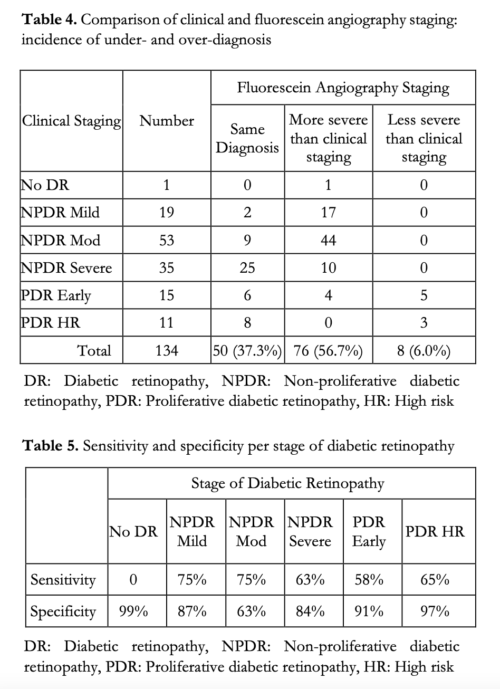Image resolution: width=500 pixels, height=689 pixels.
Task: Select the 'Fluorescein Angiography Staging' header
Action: pos(343,88)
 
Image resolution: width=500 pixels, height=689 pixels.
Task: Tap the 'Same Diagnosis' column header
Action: pos(247,138)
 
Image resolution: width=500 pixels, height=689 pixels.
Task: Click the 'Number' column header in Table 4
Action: pos(167,121)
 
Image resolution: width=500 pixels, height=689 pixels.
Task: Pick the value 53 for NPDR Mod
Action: pos(167,241)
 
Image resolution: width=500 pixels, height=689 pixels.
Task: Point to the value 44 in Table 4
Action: pos(328,241)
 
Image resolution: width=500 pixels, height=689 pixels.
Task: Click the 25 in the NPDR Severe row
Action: pos(247,268)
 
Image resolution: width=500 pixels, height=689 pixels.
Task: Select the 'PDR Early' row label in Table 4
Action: pos(56,295)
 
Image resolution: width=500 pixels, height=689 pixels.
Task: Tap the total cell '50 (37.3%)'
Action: pos(247,351)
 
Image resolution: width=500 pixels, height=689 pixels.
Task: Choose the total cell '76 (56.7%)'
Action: pos(328,351)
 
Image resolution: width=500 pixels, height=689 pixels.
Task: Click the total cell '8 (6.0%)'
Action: pos(424,351)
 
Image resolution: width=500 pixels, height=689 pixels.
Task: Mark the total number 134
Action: pos(167,351)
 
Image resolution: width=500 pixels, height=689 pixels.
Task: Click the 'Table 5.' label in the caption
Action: pos(51,446)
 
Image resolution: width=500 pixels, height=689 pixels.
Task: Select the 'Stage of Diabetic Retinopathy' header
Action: pos(287,483)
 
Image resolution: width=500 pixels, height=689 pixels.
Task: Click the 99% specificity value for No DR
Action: pos(133,612)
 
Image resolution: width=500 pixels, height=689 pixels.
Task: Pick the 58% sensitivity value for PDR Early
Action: pos(369,580)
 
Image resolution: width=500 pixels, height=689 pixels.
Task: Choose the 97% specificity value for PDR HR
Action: pos(435,612)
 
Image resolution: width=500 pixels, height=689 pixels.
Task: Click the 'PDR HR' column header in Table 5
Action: pos(435,531)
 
